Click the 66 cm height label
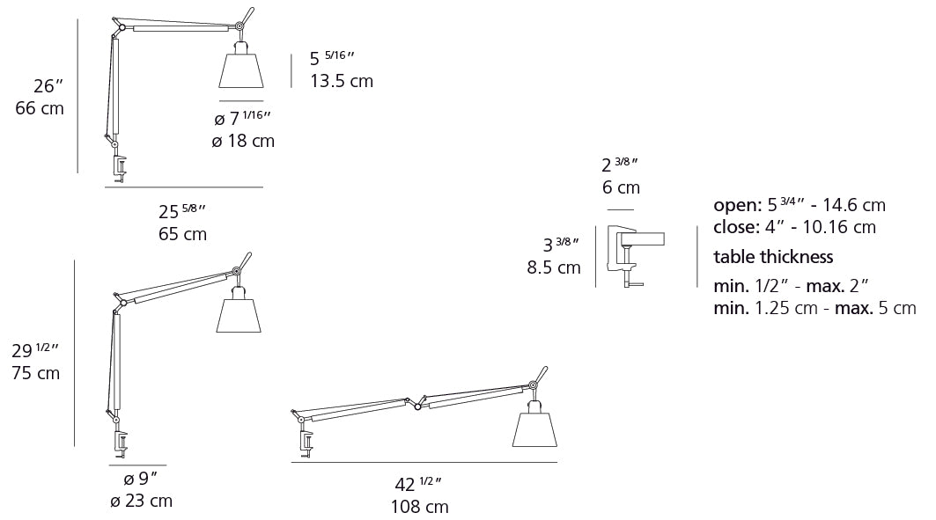click(40, 109)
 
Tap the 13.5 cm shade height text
click(342, 81)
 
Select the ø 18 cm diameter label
click(243, 141)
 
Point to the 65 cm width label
click(183, 234)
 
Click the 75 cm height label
click(37, 373)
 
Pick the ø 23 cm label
click(141, 502)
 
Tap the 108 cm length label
click(419, 507)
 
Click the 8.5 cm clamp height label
click(554, 267)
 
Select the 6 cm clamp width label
click(621, 187)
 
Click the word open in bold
click(736, 206)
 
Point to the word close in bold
click(736, 227)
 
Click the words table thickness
click(773, 257)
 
